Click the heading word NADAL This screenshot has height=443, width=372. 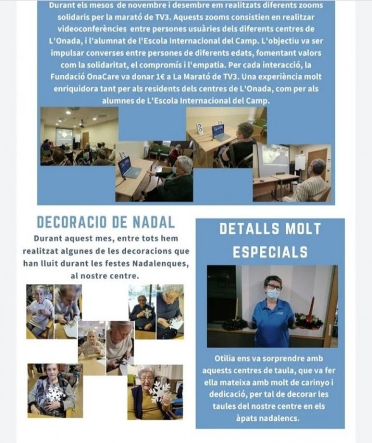154,222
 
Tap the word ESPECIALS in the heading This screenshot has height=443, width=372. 270,252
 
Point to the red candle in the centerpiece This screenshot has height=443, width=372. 312,306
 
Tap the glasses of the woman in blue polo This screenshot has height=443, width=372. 273,287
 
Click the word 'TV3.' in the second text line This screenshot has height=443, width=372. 162,17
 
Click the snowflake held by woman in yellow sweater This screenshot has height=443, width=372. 160,392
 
